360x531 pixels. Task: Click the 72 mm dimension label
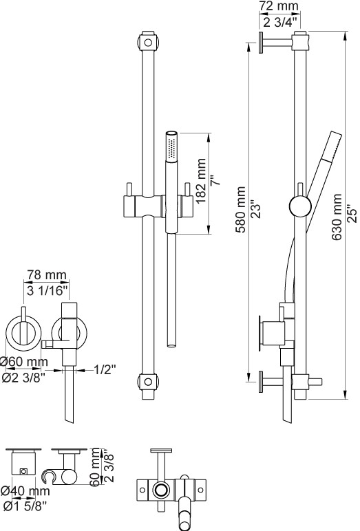279,6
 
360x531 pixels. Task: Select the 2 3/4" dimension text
280,23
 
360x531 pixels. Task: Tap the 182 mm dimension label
201,180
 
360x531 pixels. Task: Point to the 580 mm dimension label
240,209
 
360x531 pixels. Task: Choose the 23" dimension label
257,210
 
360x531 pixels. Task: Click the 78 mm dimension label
47,274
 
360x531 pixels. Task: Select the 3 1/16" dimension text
47,290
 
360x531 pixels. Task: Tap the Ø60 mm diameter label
24,362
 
